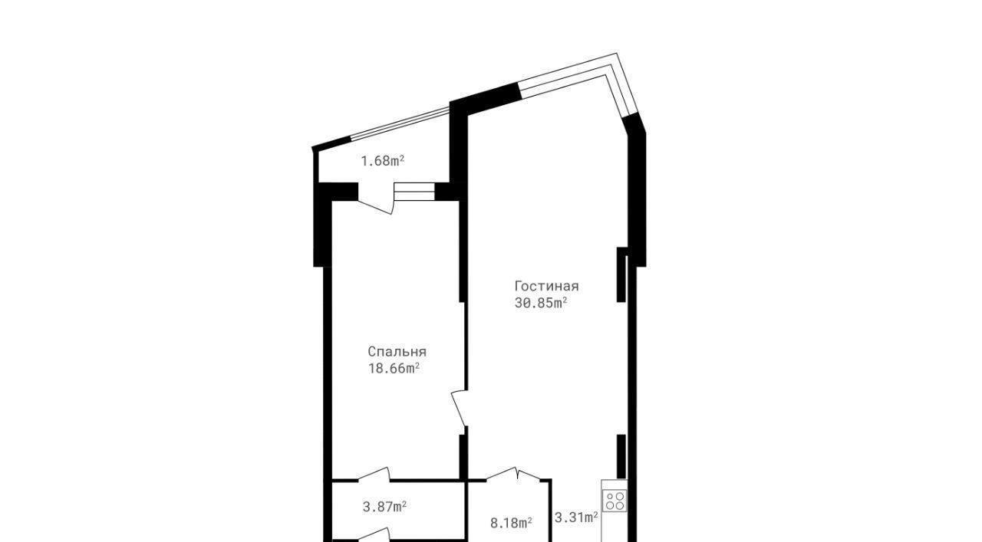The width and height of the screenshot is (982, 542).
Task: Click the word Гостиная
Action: tap(547, 286)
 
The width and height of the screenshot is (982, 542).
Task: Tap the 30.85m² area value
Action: tap(541, 303)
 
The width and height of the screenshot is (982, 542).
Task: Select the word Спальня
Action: tap(397, 352)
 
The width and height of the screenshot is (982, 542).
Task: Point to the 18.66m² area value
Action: tap(394, 369)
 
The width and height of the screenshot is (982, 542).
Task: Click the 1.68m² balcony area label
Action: tap(382, 161)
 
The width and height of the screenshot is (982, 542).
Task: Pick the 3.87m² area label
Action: tap(384, 507)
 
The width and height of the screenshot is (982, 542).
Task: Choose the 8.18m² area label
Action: tap(511, 523)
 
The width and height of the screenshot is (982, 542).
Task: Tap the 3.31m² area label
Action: tap(576, 517)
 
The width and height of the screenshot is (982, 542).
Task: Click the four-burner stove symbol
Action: tap(615, 501)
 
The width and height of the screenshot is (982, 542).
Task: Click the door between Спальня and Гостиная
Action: tap(460, 408)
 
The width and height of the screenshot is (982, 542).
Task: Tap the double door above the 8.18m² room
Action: tap(513, 475)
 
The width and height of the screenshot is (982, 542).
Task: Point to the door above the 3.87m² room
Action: tap(374, 475)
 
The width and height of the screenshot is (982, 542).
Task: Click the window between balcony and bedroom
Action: tap(414, 192)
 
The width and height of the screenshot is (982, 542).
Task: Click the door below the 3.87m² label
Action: tap(374, 535)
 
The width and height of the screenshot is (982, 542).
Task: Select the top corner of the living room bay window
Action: tap(616, 54)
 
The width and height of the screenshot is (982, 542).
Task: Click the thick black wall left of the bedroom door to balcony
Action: tap(336, 192)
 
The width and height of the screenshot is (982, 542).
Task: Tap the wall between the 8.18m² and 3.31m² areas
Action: tap(551, 511)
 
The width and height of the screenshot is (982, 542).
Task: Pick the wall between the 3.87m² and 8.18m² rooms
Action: tap(465, 511)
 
